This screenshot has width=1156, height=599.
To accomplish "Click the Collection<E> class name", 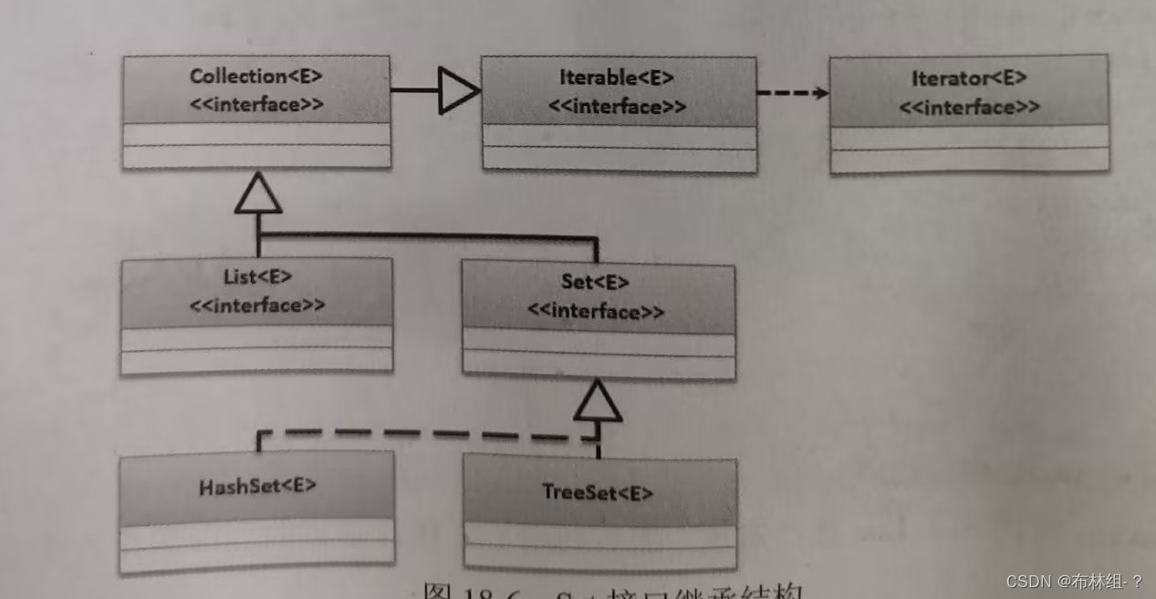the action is [255, 77].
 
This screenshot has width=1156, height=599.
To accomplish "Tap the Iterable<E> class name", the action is [617, 78].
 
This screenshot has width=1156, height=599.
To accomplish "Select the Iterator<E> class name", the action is [969, 79].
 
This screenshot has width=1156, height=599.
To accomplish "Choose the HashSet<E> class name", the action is [257, 486].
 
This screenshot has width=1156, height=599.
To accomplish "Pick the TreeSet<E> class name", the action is [598, 492].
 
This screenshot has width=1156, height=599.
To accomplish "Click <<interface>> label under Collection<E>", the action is [256, 104].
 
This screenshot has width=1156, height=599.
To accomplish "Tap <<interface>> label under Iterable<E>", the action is [617, 107].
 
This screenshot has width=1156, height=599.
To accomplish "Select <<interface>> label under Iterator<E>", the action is [969, 108].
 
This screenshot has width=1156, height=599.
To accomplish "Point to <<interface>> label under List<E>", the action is [256, 305].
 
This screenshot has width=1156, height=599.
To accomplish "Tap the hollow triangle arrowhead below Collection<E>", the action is [258, 194].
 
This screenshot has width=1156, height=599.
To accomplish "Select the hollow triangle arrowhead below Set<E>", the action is [598, 401].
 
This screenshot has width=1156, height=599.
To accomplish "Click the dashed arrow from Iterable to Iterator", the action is [792, 93].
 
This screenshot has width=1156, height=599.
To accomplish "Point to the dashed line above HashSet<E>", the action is [420, 434].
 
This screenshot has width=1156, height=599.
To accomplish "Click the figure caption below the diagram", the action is [611, 590].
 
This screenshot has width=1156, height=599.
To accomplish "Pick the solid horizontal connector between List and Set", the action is [429, 236].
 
